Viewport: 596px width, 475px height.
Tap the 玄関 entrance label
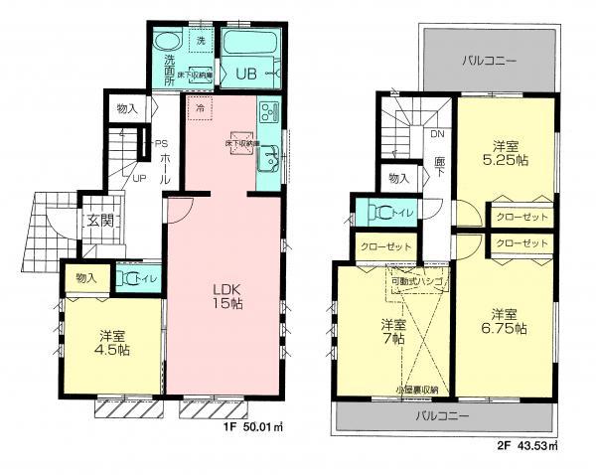96,221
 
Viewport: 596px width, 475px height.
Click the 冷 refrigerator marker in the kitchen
200,107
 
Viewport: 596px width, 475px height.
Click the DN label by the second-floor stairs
437,137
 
